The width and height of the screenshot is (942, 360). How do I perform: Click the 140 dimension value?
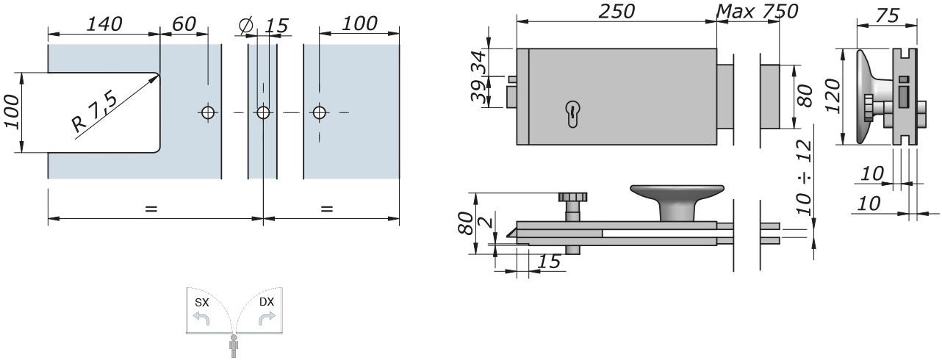coord(104,24)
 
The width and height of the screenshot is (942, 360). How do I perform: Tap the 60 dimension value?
coord(184,24)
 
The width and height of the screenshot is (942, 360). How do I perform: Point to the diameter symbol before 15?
coord(245,26)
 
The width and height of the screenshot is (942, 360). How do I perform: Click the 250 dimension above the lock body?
coord(616,11)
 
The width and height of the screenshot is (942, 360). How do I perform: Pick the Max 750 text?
coord(757,11)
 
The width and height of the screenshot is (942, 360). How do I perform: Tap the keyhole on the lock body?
coord(572,114)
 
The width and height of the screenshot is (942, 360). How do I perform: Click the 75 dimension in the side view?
coord(888,15)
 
